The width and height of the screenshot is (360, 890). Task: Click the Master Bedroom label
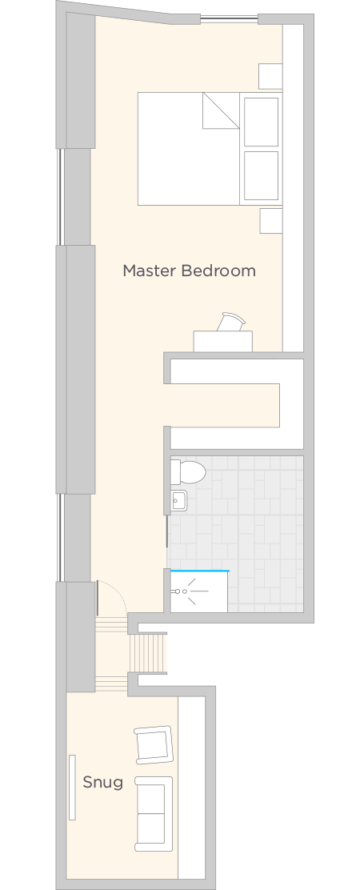189,271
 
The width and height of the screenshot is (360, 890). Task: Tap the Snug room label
102,782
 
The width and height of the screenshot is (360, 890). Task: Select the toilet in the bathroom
188,472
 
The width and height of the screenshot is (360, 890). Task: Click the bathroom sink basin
179,501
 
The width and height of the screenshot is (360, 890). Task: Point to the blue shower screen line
199,571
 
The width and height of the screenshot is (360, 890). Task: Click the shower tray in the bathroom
199,592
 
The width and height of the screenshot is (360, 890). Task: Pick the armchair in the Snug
153,744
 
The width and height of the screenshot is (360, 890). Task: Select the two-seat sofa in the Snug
154,814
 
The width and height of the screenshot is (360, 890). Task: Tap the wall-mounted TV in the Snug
72,788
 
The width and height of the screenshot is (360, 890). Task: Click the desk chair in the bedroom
233,322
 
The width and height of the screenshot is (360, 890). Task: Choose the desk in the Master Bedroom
223,341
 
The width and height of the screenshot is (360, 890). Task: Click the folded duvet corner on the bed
221,110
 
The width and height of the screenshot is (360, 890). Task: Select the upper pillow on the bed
261,122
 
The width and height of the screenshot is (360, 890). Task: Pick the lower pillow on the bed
261,175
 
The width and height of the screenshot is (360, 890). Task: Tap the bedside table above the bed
270,76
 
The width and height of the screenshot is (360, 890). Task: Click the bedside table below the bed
271,221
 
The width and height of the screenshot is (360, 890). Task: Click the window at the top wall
229,19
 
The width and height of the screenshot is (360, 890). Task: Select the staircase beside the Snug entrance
149,653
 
